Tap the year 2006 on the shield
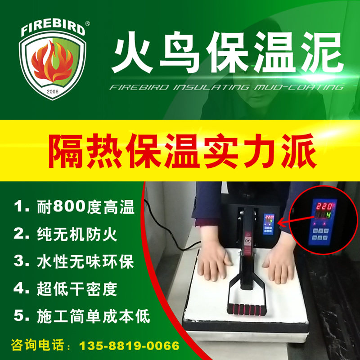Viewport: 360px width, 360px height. click(53, 92)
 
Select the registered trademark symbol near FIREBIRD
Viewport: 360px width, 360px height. click(87, 23)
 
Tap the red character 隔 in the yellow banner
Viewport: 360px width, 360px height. click(65, 151)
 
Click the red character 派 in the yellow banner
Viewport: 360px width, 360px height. click(298, 151)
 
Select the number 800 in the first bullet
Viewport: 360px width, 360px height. click(69, 206)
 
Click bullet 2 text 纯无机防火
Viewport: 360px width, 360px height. click(77, 234)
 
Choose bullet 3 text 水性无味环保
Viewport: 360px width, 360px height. click(85, 261)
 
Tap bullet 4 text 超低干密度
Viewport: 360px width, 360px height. click(77, 289)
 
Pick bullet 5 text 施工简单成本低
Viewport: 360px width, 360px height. click(93, 316)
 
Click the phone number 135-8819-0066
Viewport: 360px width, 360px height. click(129, 346)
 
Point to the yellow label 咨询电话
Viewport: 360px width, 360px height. click(38, 345)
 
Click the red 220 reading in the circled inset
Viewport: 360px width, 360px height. click(324, 206)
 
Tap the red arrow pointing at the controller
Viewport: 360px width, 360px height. click(296, 220)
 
